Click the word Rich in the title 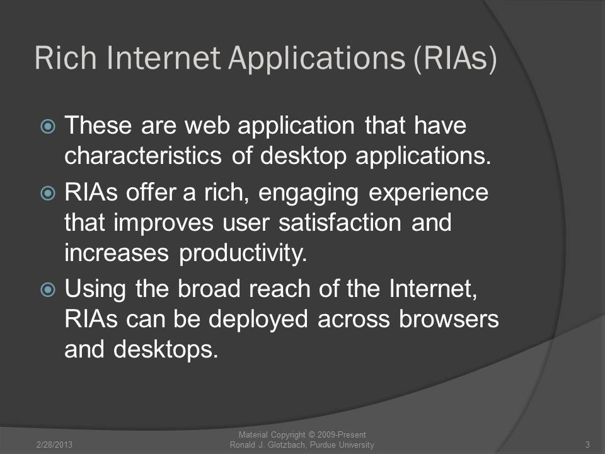tap(65, 58)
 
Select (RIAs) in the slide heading tap(455, 59)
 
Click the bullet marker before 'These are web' tap(48, 126)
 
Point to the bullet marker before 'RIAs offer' tap(48, 193)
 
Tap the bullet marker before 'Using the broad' tap(48, 289)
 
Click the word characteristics tap(143, 155)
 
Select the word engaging tap(308, 194)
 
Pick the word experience tap(429, 194)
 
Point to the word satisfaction tap(340, 223)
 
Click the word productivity tap(243, 254)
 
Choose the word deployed tap(258, 320)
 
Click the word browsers tap(449, 319)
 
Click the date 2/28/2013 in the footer tap(54, 445)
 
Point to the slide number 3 tap(587, 445)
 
